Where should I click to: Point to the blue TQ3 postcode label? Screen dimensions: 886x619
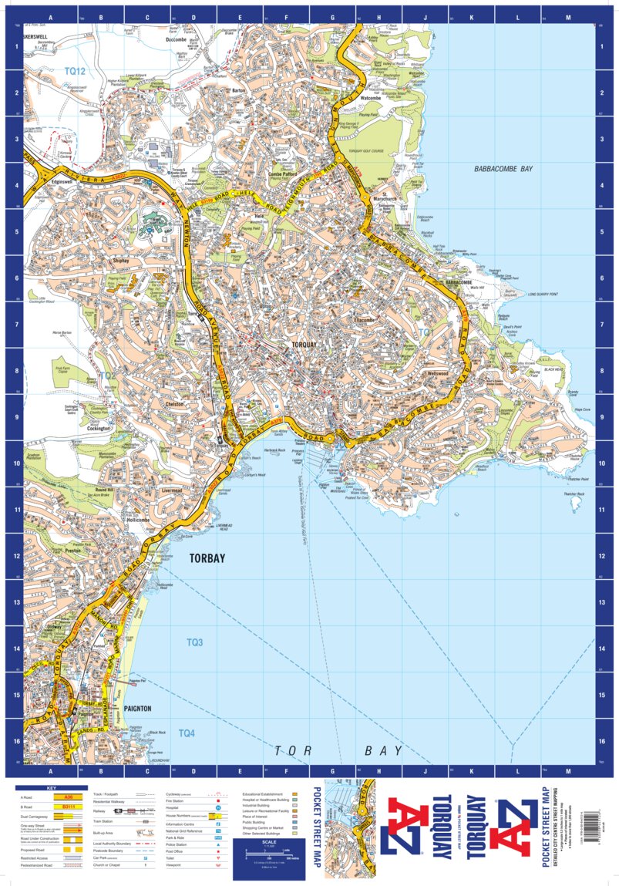(x=194, y=642)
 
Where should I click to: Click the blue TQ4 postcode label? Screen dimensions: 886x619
(x=187, y=733)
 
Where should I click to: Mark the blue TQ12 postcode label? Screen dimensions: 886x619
(x=74, y=71)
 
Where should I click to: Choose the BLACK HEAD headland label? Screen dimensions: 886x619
(x=553, y=369)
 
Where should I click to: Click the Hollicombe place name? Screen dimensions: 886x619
(x=139, y=520)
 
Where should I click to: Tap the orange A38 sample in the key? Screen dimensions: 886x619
(x=68, y=797)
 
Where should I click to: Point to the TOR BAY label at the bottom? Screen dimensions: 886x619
(x=339, y=750)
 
